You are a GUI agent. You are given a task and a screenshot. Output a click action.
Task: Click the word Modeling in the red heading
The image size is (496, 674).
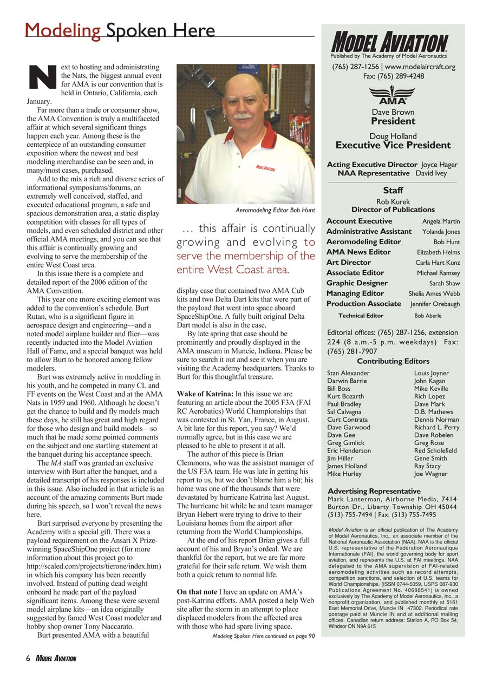[62, 30]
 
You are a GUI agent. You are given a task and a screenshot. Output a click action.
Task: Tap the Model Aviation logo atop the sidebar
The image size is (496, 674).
[389, 42]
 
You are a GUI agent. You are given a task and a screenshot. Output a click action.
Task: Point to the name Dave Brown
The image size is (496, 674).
[393, 113]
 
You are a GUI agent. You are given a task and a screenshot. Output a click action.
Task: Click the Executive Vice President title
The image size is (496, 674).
[393, 145]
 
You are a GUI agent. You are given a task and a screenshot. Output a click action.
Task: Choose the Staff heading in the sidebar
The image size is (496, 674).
[393, 191]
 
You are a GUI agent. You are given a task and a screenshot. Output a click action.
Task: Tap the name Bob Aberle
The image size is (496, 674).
[428, 316]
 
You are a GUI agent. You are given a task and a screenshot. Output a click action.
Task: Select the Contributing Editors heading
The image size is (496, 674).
[393, 361]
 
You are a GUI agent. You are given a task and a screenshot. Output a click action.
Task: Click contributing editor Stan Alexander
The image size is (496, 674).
[348, 373]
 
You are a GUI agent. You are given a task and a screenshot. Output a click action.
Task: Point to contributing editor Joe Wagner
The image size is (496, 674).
[430, 474]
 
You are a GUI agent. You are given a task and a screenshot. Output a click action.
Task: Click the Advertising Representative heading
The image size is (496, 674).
[374, 491]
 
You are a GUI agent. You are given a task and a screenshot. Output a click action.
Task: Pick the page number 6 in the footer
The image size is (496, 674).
[27, 658]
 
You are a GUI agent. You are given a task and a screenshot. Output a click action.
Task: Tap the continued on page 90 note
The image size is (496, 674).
[263, 636]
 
